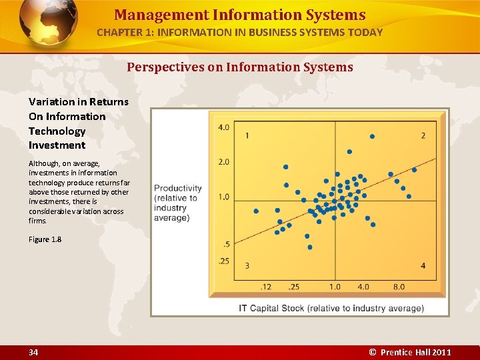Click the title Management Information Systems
pyautogui.click(x=239, y=15)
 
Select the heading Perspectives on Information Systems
pyautogui.click(x=239, y=67)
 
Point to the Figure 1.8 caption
pyautogui.click(x=45, y=240)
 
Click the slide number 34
pyautogui.click(x=33, y=352)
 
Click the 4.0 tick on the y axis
pyautogui.click(x=223, y=127)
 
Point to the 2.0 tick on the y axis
pyautogui.click(x=223, y=162)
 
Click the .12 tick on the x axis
pyautogui.click(x=266, y=287)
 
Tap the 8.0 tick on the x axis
pyautogui.click(x=399, y=287)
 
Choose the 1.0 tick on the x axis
pyautogui.click(x=335, y=287)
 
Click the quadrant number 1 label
pyautogui.click(x=247, y=136)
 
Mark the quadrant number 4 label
pyautogui.click(x=423, y=266)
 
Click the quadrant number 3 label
pyautogui.click(x=247, y=266)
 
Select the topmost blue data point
pyautogui.click(x=372, y=137)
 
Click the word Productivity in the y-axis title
pyautogui.click(x=178, y=189)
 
